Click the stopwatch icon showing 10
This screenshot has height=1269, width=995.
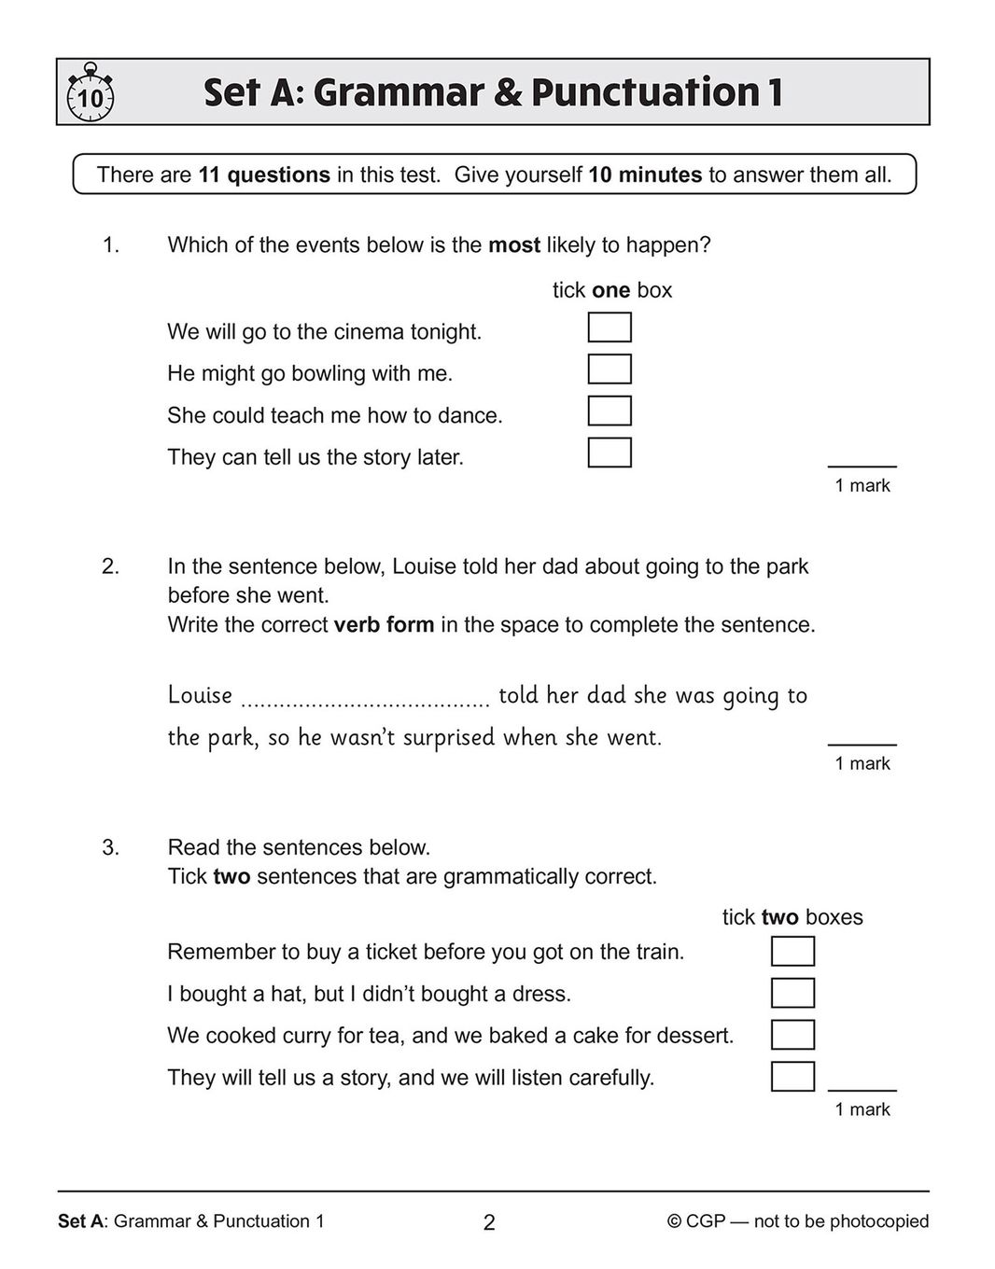tap(90, 93)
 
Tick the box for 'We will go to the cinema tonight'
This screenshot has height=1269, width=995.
tap(610, 328)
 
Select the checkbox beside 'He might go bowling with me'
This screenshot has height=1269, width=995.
tap(610, 370)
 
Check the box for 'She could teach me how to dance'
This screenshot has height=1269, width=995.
tap(610, 411)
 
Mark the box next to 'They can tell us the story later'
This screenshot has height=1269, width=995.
tap(610, 453)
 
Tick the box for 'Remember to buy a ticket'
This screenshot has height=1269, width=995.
tap(792, 951)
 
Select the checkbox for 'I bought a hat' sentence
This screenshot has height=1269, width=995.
tap(792, 993)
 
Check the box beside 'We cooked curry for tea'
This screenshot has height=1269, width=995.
tap(792, 1035)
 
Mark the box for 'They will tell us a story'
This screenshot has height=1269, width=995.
tap(792, 1077)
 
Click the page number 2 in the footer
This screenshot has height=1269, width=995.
tap(489, 1222)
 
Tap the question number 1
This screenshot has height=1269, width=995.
tap(111, 245)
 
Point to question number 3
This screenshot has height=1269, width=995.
tap(111, 847)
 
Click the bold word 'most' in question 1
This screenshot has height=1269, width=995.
tap(514, 245)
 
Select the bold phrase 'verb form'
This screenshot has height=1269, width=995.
tap(384, 625)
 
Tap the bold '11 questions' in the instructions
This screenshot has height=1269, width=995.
tap(264, 174)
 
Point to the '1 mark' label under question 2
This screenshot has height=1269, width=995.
tap(862, 763)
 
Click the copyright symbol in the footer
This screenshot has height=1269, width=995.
tap(674, 1221)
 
